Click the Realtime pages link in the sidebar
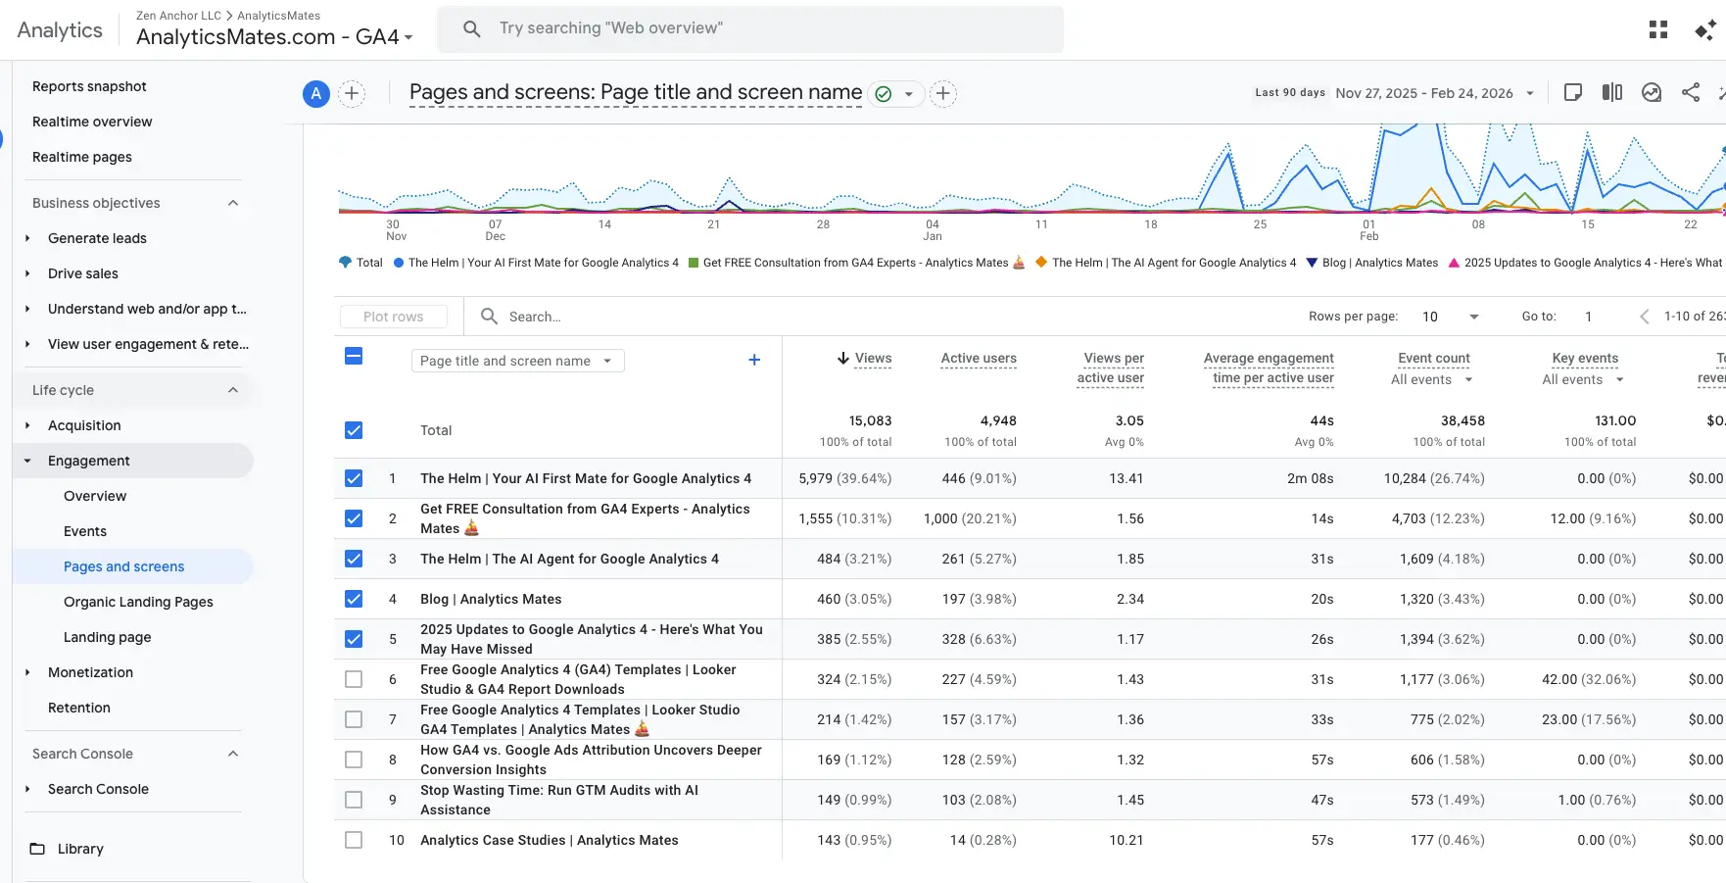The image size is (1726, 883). coord(82,157)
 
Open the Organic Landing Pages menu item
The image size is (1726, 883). coord(138,602)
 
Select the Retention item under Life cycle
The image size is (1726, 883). coord(79,708)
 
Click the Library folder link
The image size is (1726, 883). coord(79,849)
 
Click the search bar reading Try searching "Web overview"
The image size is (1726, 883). coord(749,28)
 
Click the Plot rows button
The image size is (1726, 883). coord(393,317)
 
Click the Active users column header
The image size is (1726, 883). coord(978,359)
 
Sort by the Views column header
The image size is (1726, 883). coord(872,359)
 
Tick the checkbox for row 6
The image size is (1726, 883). coord(354,679)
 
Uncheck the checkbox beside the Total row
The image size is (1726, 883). coord(354,430)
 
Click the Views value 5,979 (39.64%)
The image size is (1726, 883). coord(844,478)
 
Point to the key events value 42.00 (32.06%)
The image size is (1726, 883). coord(1588,679)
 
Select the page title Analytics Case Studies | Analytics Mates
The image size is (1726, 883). coord(549,840)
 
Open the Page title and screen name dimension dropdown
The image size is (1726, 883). coord(517,361)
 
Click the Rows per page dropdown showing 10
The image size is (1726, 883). coord(1450,317)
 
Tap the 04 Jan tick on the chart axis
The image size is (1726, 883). coord(933,229)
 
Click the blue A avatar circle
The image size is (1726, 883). coord(315,94)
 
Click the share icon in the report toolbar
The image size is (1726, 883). coord(1690,93)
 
